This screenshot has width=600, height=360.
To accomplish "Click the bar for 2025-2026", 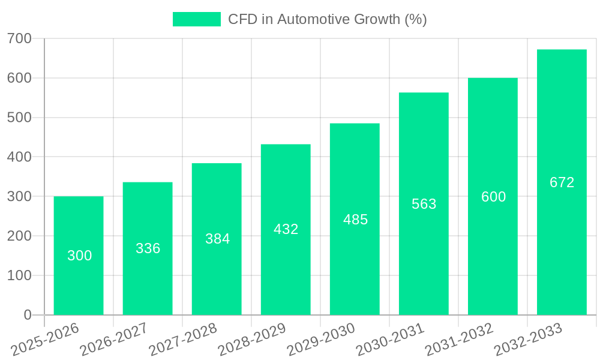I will pyautogui.click(x=79, y=256).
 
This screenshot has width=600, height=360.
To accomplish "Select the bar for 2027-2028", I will pyautogui.click(x=217, y=239).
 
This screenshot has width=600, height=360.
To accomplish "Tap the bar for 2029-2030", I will pyautogui.click(x=355, y=219).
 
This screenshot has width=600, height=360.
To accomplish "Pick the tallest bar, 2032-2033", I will pyautogui.click(x=562, y=182).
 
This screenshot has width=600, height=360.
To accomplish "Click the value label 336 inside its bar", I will pyautogui.click(x=148, y=248).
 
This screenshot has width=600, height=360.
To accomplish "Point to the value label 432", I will pyautogui.click(x=286, y=229).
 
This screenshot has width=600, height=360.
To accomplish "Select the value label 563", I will pyautogui.click(x=424, y=204).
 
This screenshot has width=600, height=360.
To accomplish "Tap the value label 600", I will pyautogui.click(x=493, y=197).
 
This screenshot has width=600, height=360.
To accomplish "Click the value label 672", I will pyautogui.click(x=562, y=182).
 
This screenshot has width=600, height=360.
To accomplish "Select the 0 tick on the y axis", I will pyautogui.click(x=28, y=315).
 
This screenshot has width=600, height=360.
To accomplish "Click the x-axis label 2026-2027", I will pyautogui.click(x=115, y=340).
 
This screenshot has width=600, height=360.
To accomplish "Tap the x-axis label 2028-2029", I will pyautogui.click(x=253, y=340).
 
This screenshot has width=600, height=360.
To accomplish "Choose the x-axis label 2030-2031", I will pyautogui.click(x=391, y=340).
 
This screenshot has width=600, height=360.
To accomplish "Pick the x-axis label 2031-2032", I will pyautogui.click(x=460, y=340).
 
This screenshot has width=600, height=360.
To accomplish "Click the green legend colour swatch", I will pyautogui.click(x=197, y=19).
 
